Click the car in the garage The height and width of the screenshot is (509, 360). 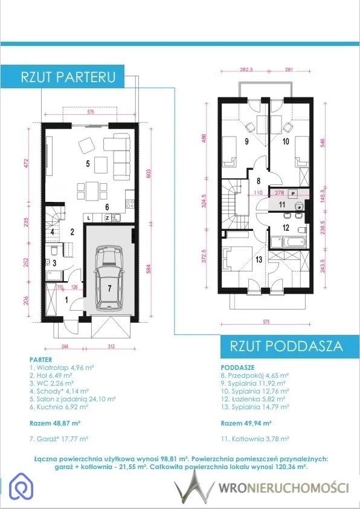[x=108, y=278]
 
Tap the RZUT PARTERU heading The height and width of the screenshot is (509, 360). [x=68, y=77]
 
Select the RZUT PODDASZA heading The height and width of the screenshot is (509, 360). [x=286, y=346]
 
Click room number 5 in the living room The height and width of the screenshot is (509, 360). [x=88, y=163]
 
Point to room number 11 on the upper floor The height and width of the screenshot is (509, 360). [x=282, y=204]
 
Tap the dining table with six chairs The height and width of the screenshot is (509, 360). [x=92, y=191]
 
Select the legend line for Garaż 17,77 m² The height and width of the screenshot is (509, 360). [x=59, y=439]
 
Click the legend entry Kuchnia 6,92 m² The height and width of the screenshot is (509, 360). [x=59, y=406]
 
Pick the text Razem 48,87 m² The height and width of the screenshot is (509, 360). [x=55, y=423]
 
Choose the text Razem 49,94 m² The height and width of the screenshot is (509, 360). [x=246, y=423]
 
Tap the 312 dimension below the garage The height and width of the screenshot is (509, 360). [x=111, y=346]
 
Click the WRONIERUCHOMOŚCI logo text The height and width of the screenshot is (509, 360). [x=284, y=488]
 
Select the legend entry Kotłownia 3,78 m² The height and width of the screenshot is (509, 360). [x=255, y=439]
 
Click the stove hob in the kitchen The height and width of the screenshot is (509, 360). [x=130, y=204]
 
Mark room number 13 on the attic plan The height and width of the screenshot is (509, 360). [x=259, y=259]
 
